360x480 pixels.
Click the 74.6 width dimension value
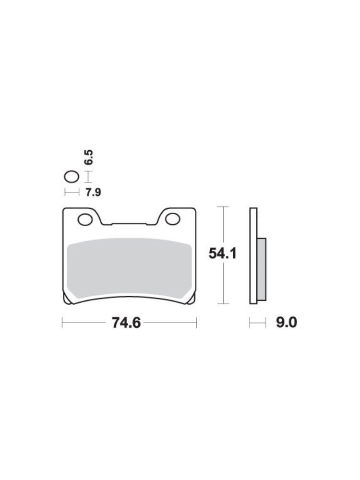(x=126, y=323)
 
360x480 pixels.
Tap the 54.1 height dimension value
(x=223, y=253)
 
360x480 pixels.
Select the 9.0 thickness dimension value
(x=287, y=323)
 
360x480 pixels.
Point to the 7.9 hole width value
(x=93, y=192)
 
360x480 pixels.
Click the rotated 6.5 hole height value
(x=88, y=157)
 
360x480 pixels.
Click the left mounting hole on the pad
(x=85, y=219)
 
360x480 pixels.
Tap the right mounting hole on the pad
(x=173, y=219)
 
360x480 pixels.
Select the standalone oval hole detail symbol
(x=72, y=177)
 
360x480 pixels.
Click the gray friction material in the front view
(x=129, y=268)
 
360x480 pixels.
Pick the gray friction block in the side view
(x=262, y=269)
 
